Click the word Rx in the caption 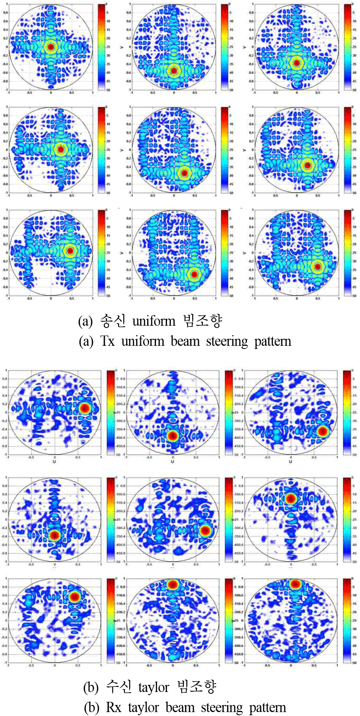pos(113,707)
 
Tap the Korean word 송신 pos(113,321)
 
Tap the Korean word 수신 pos(119,687)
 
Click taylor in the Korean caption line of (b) pos(154,687)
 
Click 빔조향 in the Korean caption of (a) pos(203,321)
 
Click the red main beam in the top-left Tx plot pos(51,47)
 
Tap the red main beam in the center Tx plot pos(184,173)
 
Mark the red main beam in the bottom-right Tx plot pos(318,267)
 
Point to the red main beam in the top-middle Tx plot pos(174,71)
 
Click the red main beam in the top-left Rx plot pos(84,408)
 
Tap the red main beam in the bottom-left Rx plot pos(74,597)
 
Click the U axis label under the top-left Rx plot pos(54,461)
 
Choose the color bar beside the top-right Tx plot pos(348,47)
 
